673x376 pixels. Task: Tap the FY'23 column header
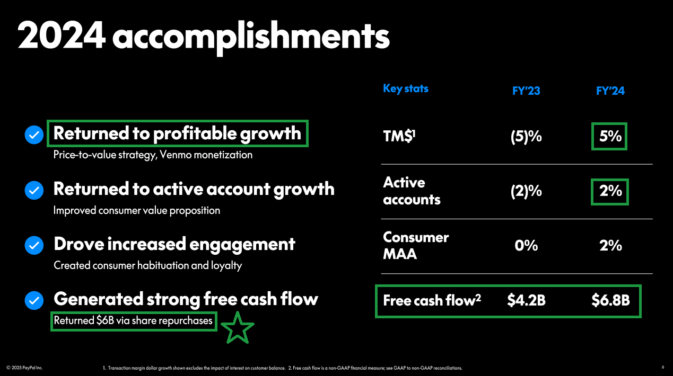pyautogui.click(x=526, y=91)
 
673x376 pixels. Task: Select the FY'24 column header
pyautogui.click(x=610, y=91)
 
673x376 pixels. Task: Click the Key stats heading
pyautogui.click(x=406, y=88)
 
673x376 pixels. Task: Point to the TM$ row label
pyautogui.click(x=399, y=136)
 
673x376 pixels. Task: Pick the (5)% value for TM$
pyautogui.click(x=526, y=137)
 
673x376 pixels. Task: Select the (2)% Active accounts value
pyautogui.click(x=526, y=191)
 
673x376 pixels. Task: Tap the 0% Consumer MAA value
pyautogui.click(x=526, y=246)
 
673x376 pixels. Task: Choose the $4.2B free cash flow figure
pyautogui.click(x=526, y=300)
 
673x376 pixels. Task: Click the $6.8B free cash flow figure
pyautogui.click(x=610, y=300)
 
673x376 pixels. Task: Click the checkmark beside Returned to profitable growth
pyautogui.click(x=34, y=135)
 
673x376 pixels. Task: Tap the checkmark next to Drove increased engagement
pyautogui.click(x=34, y=245)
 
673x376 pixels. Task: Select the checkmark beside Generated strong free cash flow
pyautogui.click(x=34, y=300)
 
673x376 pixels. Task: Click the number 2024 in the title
pyautogui.click(x=62, y=35)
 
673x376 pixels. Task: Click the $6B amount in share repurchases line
pyautogui.click(x=105, y=320)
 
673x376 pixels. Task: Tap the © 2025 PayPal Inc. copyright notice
pyautogui.click(x=24, y=368)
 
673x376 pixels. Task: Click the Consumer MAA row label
pyautogui.click(x=416, y=246)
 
